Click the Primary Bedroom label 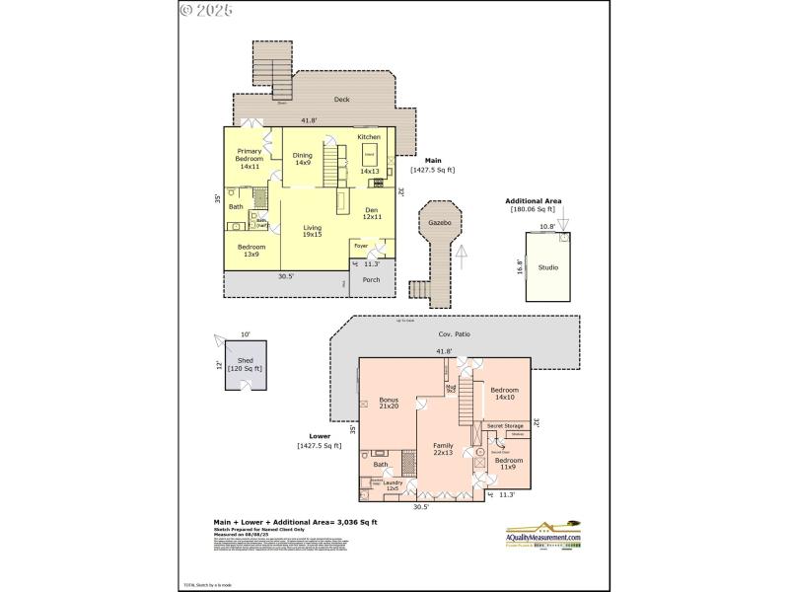(249, 159)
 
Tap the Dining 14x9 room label (303, 158)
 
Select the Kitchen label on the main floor (369, 137)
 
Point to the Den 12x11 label (371, 213)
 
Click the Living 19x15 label (312, 230)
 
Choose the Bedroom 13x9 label (251, 251)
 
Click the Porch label (371, 279)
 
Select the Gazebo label (439, 224)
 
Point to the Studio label (548, 267)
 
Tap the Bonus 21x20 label (389, 403)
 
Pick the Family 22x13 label (444, 449)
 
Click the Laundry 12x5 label (393, 485)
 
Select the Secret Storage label (506, 425)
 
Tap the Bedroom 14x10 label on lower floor (504, 393)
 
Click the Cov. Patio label (455, 334)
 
